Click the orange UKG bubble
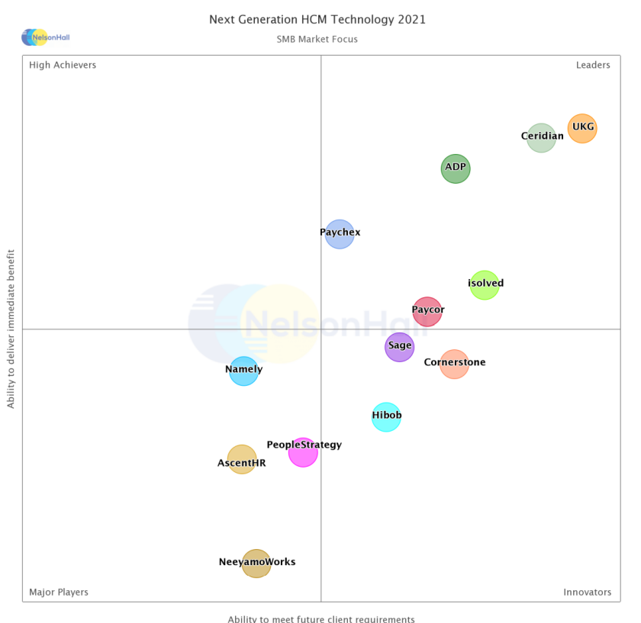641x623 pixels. tap(581, 128)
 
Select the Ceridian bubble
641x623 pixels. tap(541, 138)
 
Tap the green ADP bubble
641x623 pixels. tap(456, 169)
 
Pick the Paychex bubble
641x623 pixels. tap(340, 234)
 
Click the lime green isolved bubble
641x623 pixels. tap(484, 285)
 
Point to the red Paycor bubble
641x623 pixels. tap(427, 311)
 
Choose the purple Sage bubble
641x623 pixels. tap(399, 347)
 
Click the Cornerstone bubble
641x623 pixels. tap(454, 364)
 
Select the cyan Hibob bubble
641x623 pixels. tap(386, 416)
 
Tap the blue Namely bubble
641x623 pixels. tap(243, 371)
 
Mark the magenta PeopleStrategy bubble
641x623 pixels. tap(303, 452)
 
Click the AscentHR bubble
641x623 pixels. tap(242, 460)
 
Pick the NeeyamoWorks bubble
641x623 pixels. tap(256, 564)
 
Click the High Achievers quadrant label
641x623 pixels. tap(63, 65)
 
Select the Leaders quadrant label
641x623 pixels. tap(593, 65)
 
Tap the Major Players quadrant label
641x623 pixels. tap(59, 592)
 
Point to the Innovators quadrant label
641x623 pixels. tap(587, 592)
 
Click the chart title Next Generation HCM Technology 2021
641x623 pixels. tap(317, 19)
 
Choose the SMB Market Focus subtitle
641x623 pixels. tap(317, 39)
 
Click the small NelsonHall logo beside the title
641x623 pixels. tap(45, 37)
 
